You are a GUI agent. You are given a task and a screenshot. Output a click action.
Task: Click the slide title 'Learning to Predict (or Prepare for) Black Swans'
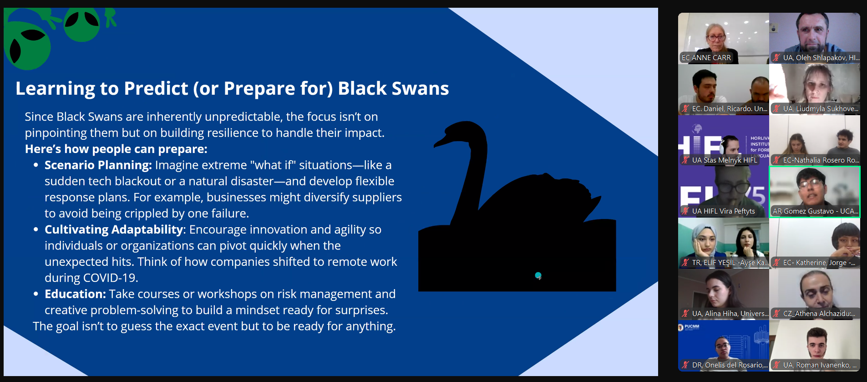click(x=232, y=88)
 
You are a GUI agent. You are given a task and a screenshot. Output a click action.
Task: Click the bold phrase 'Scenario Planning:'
click(x=98, y=165)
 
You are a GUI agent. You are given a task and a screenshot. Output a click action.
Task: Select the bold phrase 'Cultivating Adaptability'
click(x=114, y=229)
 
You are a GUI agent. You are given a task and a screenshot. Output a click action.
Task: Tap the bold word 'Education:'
click(x=75, y=294)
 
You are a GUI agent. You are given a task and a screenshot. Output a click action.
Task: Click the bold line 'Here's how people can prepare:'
click(x=116, y=149)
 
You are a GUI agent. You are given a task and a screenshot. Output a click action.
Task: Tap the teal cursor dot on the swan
click(x=538, y=275)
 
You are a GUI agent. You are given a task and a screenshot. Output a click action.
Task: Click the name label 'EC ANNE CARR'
click(x=706, y=58)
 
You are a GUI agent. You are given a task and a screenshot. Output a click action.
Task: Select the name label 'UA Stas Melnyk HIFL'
click(x=725, y=160)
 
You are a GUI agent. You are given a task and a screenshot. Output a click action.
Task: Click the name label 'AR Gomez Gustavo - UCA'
click(x=815, y=211)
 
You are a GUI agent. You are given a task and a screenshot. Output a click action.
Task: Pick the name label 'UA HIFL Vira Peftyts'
click(x=724, y=211)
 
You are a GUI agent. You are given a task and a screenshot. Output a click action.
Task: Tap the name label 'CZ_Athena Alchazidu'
click(x=819, y=314)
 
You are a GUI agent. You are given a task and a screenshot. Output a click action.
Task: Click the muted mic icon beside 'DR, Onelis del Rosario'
click(x=685, y=365)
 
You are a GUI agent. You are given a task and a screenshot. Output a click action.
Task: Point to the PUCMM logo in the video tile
click(x=689, y=326)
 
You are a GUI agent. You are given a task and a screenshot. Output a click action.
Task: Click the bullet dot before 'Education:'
click(x=35, y=294)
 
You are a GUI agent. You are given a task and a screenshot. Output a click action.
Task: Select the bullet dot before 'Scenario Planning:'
click(x=35, y=165)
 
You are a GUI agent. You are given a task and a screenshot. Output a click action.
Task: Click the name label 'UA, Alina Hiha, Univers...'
click(x=730, y=314)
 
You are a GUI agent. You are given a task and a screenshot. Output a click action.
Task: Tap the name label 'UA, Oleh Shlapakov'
click(x=821, y=58)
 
